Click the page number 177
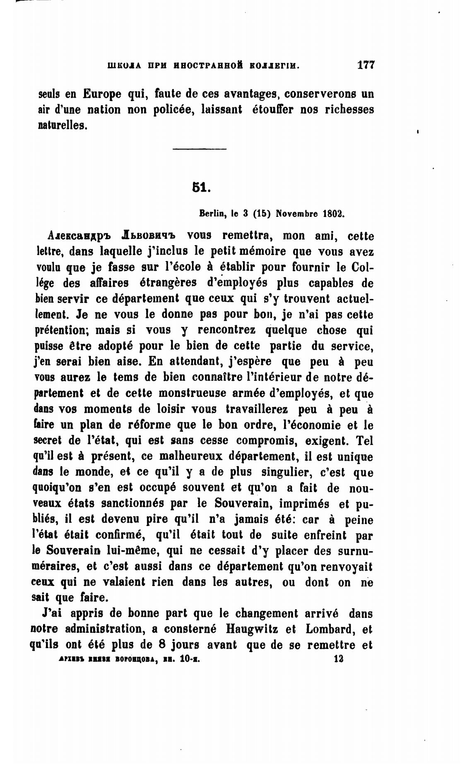365,65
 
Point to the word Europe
102,94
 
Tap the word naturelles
62,125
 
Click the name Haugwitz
252,629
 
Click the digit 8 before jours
162,644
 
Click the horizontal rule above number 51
199,149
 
